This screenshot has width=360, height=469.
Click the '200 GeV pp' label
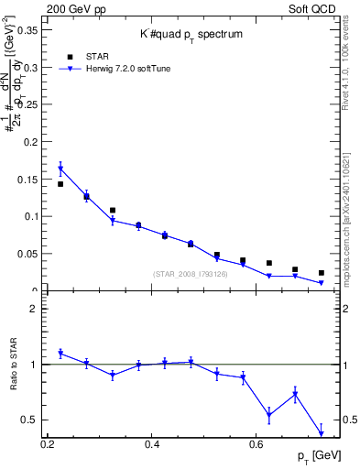72,7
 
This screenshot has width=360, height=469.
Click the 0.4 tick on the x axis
152,443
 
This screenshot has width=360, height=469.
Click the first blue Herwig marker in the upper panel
60,169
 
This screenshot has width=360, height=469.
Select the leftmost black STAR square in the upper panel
60,184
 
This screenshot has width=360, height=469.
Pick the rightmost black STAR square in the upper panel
322,273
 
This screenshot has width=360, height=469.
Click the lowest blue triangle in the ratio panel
322,433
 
